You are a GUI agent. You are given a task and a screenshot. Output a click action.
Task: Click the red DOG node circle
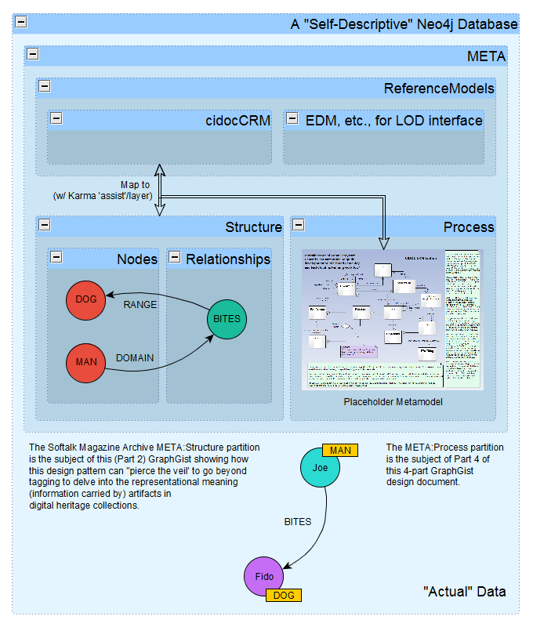[85, 299]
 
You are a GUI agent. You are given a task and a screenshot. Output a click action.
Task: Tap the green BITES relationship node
[227, 319]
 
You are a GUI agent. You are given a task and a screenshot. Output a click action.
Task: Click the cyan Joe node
[321, 467]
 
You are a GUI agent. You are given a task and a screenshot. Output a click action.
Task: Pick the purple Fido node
[264, 577]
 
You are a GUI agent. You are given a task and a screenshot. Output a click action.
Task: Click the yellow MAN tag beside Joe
[340, 450]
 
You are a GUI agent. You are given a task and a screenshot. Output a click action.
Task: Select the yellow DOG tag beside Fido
[284, 596]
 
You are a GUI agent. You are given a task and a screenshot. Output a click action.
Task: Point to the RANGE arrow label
[140, 305]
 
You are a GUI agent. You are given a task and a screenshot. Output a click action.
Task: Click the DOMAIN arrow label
[135, 357]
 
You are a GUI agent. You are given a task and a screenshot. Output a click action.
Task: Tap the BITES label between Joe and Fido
[297, 521]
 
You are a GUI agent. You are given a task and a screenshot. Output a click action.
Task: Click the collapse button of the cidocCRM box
[56, 118]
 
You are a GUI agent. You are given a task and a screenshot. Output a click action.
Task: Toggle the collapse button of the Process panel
[299, 225]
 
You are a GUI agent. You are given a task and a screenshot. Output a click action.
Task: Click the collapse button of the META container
[33, 54]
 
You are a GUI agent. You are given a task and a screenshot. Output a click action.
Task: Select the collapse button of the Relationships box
[174, 257]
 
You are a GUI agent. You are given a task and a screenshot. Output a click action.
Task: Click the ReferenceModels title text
[438, 88]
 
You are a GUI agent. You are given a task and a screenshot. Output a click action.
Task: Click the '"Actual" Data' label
[464, 591]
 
